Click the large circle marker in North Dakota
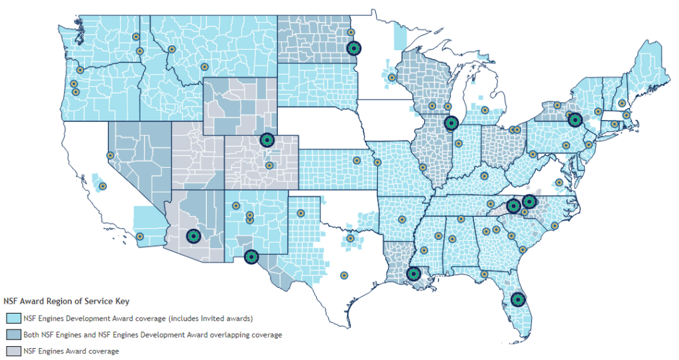(354, 48)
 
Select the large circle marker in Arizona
(193, 235)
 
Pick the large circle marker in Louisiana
(414, 272)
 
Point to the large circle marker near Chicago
(452, 122)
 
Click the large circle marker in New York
(575, 120)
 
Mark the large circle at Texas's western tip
(251, 257)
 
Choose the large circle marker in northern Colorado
(267, 139)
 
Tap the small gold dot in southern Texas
(343, 275)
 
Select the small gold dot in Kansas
(357, 160)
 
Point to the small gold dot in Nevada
(110, 155)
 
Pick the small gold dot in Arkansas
(402, 219)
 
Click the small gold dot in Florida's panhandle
(484, 273)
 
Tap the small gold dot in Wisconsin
(432, 105)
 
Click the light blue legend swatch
(13, 319)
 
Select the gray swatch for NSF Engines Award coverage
(13, 351)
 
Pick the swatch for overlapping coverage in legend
(13, 335)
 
